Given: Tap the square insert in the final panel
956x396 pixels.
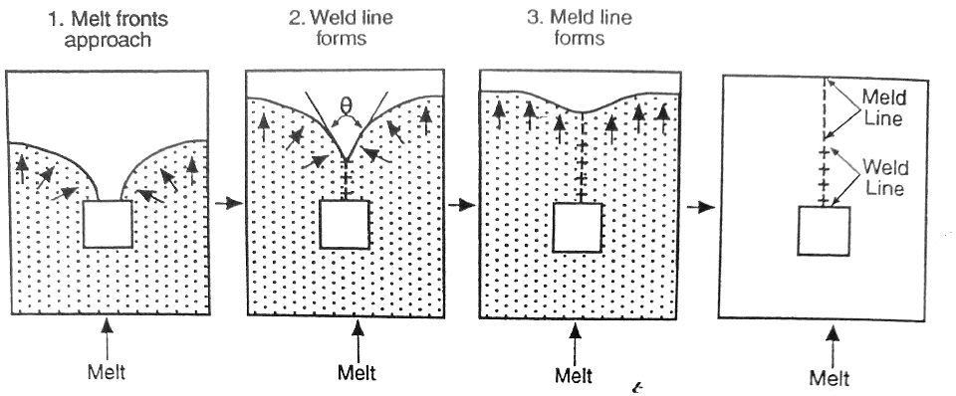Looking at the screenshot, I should pos(823,231).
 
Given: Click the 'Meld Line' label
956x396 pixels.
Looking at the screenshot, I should pos(880,108).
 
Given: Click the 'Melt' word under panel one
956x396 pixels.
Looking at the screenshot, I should pos(108,373).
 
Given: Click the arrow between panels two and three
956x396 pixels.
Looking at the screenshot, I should pos(461,206).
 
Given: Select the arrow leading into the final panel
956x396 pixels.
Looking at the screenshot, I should pos(702,208).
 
